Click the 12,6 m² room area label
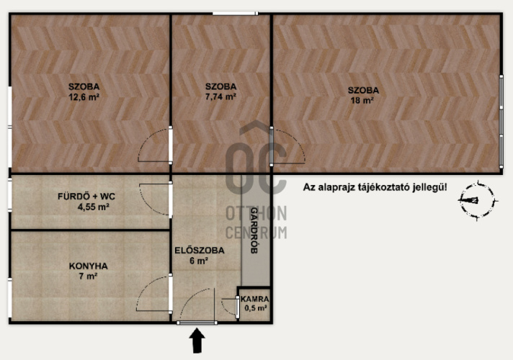pos(84,97)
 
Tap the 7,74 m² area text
pos(221,96)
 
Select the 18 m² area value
pos(362,100)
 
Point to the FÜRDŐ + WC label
pos(86,197)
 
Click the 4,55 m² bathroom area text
pos(93,207)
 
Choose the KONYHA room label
pos(89,266)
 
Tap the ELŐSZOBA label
pos(200,251)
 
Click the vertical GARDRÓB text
pos(254,230)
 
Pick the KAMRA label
pos(255,299)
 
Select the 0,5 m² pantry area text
pos(256,308)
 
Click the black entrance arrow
pos(197,341)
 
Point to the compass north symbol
pos(478,200)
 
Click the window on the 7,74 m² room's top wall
pos(235,14)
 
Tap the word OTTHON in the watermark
pos(256,213)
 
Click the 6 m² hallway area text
pos(199,261)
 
